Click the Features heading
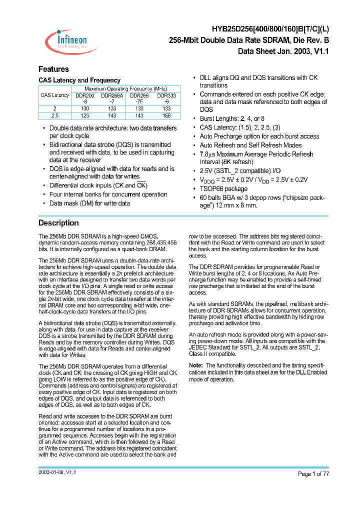(53, 69)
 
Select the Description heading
(58, 223)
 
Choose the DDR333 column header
(166, 95)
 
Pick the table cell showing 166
(166, 115)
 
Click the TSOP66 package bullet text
(223, 188)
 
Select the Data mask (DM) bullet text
(89, 203)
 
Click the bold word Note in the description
(196, 365)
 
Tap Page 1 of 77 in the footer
(313, 474)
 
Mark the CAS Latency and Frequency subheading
(79, 80)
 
